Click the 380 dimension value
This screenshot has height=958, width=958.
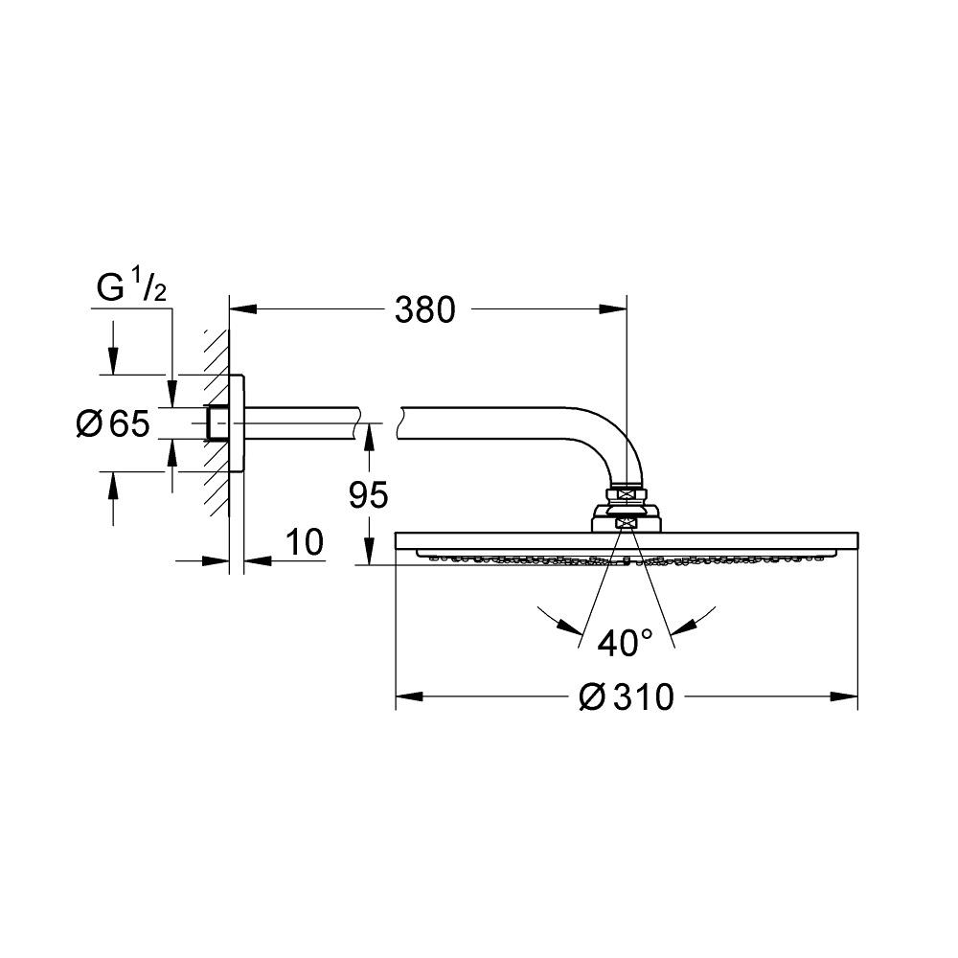coord(425,310)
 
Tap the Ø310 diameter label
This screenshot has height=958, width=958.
coord(627,697)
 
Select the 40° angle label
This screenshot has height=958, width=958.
coord(625,643)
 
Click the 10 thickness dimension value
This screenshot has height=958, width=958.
coord(305,542)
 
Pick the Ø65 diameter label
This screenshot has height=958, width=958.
coord(113,423)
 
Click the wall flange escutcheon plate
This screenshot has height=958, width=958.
coord(238,423)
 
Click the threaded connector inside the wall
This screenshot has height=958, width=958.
coord(218,423)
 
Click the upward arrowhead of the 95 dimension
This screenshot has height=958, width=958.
coord(367,436)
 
